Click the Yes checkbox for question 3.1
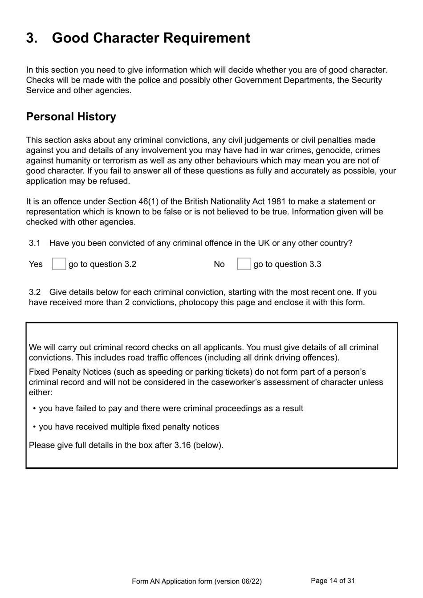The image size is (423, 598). pos(59,264)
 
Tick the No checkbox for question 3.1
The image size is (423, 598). pos(244,264)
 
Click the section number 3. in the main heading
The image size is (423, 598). pos(32,38)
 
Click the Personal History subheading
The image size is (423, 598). pos(71,117)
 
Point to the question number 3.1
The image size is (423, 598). pos(35,243)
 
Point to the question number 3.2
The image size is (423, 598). pos(35,292)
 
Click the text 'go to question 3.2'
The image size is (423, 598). pos(102,264)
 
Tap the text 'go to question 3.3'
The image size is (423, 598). pos(287,264)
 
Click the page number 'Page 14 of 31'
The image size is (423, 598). pos(333,581)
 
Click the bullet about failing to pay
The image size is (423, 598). pos(171,409)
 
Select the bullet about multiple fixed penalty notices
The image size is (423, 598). pos(129,427)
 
